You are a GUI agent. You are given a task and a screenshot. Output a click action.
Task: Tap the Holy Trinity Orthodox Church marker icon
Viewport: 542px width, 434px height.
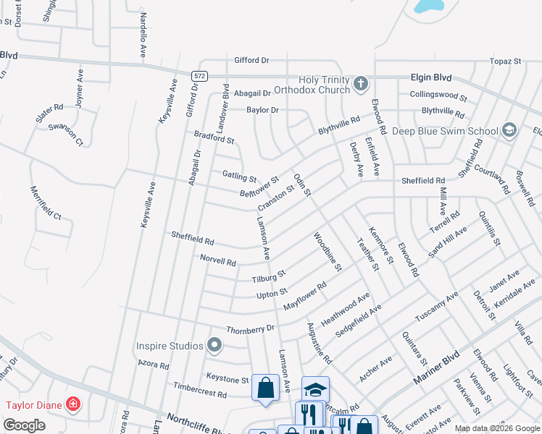tap(360, 85)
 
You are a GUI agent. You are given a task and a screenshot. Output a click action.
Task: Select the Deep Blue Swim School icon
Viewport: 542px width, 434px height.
tap(509, 130)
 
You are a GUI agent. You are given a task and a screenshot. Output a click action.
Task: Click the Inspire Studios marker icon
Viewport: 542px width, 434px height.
tap(214, 346)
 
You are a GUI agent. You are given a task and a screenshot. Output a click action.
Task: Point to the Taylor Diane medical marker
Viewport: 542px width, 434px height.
tap(72, 404)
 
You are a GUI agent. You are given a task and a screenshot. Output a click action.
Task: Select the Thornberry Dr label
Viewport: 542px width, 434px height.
tap(250, 328)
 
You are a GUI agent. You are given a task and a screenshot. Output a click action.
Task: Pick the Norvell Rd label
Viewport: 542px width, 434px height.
tap(217, 260)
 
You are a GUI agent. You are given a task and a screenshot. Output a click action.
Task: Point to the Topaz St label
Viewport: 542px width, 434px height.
tap(505, 61)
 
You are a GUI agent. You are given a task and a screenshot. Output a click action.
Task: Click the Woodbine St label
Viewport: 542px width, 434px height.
tap(327, 252)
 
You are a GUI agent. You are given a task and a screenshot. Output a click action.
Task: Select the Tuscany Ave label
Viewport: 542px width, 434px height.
tap(436, 307)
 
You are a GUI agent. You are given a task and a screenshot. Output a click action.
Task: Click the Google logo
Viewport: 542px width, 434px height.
tap(24, 425)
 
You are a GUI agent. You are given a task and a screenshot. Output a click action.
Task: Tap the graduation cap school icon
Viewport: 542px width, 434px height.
tap(315, 389)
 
